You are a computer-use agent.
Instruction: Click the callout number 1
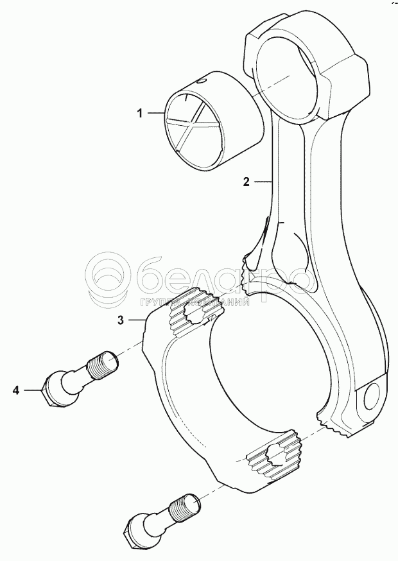[139, 114]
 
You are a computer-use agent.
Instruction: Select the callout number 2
[246, 182]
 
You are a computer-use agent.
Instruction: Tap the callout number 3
[120, 319]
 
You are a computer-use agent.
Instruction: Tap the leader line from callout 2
[263, 182]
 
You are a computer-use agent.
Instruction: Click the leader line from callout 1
[157, 114]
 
